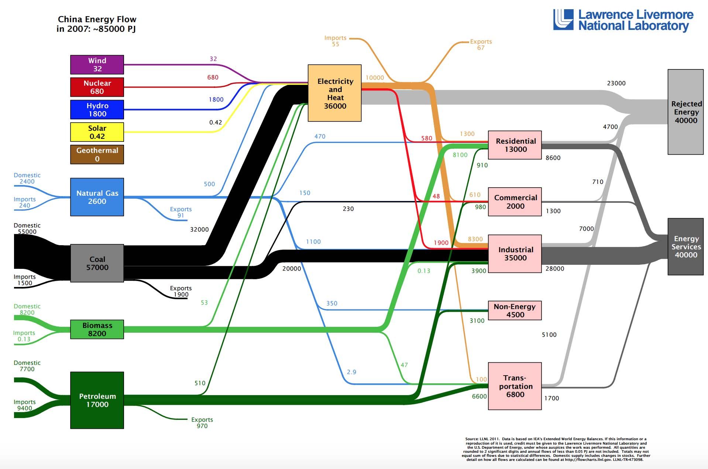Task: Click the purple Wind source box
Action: (97, 65)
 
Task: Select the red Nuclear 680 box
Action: (97, 87)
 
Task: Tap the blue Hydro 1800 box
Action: (97, 110)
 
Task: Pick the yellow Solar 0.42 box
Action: (97, 132)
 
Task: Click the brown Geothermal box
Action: (97, 154)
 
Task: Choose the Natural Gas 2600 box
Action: (97, 197)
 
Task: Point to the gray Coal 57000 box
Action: (97, 263)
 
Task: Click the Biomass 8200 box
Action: (97, 329)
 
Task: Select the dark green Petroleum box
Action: (97, 400)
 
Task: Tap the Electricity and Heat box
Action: (335, 93)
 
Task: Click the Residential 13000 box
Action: (515, 145)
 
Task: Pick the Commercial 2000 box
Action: (515, 202)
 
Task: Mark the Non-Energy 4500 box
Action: (515, 310)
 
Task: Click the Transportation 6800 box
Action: (515, 386)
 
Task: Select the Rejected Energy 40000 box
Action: (685, 112)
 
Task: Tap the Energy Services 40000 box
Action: (685, 247)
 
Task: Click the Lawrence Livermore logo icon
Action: (563, 20)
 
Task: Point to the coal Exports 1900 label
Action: (181, 291)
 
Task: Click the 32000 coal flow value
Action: (199, 229)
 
